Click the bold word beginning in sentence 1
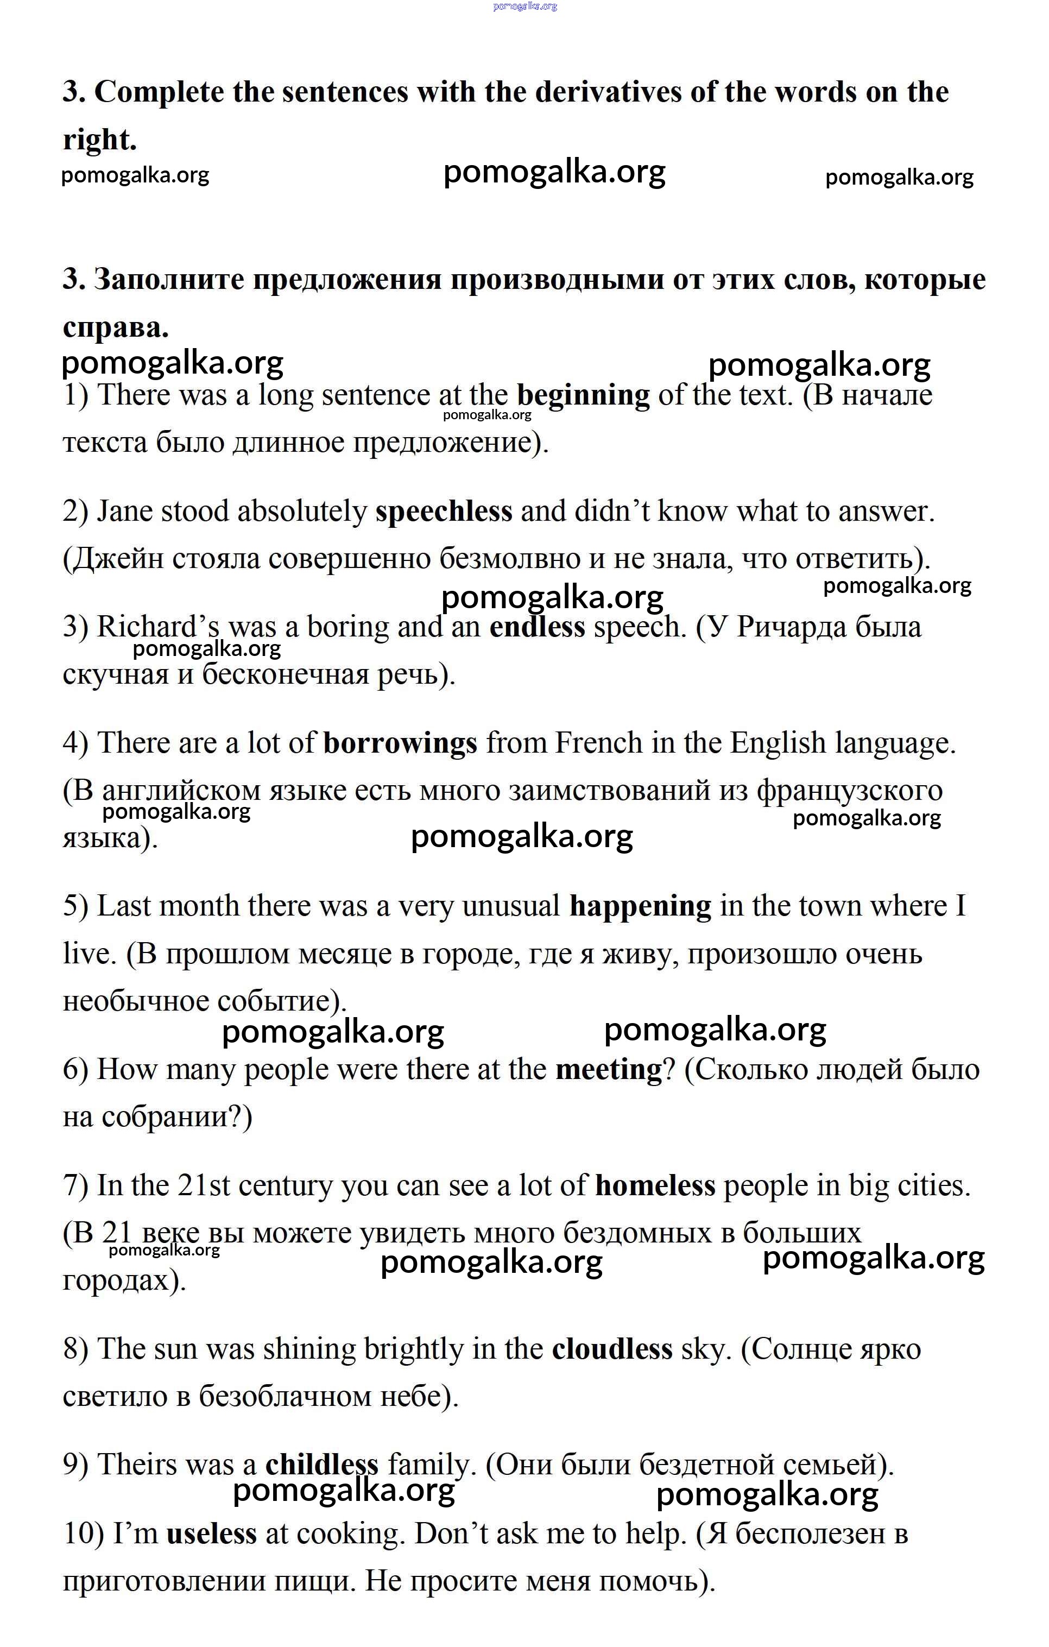tap(583, 396)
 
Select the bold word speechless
tap(444, 512)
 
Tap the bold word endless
tap(537, 627)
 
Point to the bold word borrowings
tap(400, 743)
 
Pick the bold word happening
tap(640, 906)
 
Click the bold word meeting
tap(609, 1069)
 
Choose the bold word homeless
tap(655, 1185)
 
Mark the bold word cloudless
tap(612, 1349)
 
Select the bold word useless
tap(211, 1534)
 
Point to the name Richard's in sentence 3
tap(147, 627)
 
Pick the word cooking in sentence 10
tap(347, 1534)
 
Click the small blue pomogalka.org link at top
tap(524, 6)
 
